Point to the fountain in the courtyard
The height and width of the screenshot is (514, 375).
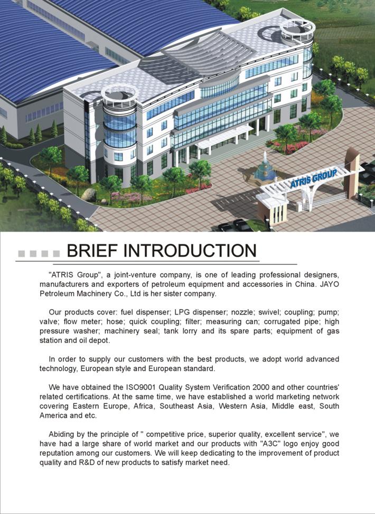tap(264, 169)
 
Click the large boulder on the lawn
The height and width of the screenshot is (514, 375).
tap(89, 195)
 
